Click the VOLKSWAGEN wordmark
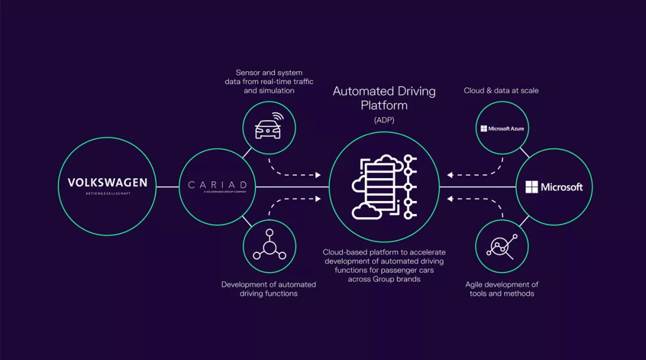107,182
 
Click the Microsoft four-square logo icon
532,187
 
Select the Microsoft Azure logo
502,129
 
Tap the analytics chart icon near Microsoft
502,246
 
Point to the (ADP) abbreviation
384,120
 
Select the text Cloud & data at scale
501,90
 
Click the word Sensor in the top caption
248,72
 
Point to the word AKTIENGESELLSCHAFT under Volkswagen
107,194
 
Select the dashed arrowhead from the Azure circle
449,175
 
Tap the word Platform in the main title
384,106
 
